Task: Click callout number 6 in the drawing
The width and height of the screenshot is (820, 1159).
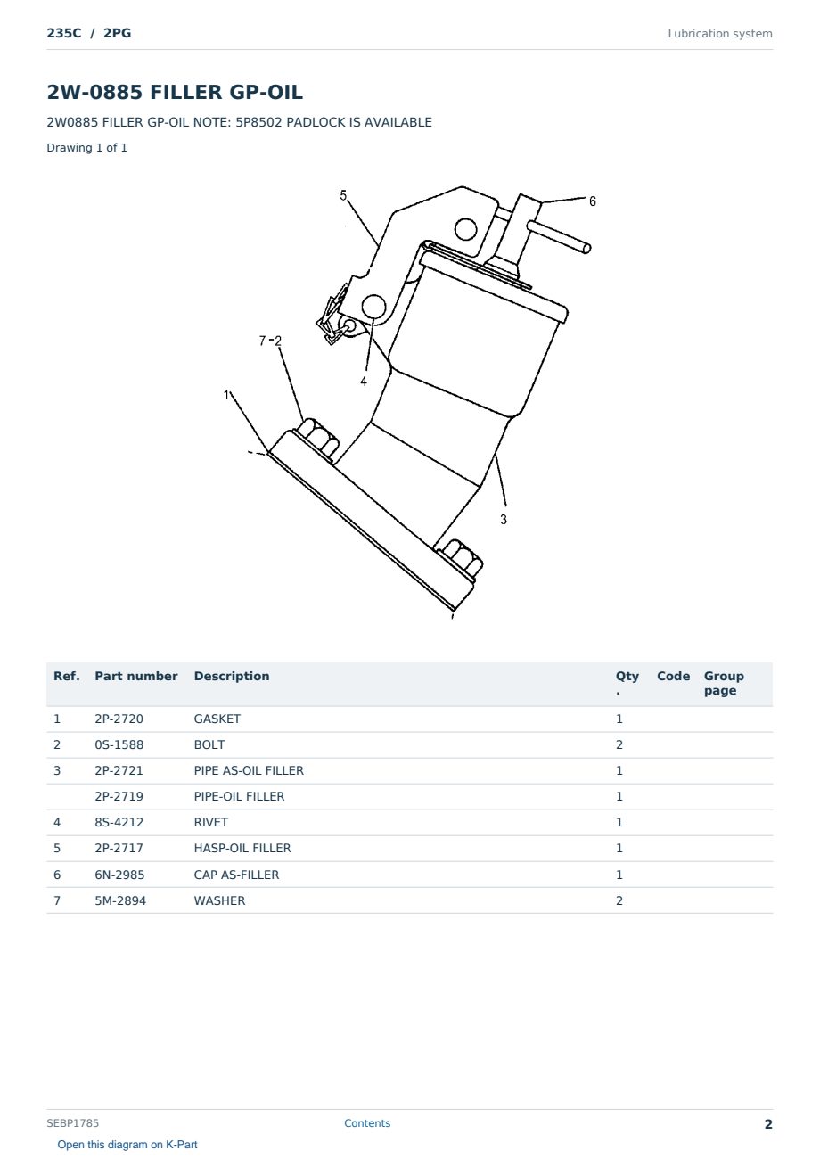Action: click(x=593, y=201)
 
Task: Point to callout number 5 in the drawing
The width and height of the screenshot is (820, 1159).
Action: click(x=343, y=195)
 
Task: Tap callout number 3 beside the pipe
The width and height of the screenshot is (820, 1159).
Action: click(x=504, y=520)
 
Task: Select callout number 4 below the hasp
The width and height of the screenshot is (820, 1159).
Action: click(x=363, y=382)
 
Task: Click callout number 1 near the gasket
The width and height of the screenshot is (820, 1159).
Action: click(x=226, y=395)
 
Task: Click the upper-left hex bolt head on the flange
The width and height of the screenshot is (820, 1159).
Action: click(x=317, y=439)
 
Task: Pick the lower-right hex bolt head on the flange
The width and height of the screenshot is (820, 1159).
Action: click(x=460, y=559)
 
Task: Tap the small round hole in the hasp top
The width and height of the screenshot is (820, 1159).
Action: click(x=465, y=229)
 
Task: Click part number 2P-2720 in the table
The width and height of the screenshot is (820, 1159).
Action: click(x=119, y=719)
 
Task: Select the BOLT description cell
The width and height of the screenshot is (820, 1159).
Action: click(x=209, y=744)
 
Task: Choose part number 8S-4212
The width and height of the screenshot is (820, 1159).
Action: click(x=119, y=822)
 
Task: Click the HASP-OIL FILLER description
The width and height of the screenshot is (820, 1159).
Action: click(x=242, y=848)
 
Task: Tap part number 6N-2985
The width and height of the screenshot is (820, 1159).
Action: click(x=119, y=875)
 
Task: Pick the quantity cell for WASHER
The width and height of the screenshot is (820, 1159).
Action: click(x=619, y=900)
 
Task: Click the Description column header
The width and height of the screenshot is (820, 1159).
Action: click(x=231, y=677)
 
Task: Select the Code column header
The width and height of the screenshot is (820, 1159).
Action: click(x=673, y=677)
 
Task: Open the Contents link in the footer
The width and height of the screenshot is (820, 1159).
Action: click(x=367, y=1123)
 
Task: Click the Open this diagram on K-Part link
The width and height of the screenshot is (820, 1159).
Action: click(x=127, y=1145)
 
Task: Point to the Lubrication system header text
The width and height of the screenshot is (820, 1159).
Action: click(x=720, y=34)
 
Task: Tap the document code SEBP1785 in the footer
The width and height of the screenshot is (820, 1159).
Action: click(x=72, y=1123)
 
